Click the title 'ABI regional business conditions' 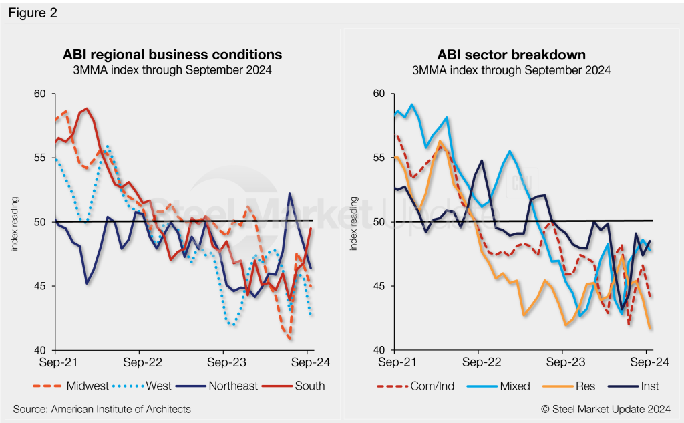(x=172, y=55)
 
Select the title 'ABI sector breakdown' (x=511, y=55)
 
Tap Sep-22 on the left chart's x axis (x=139, y=363)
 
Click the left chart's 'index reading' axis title (x=14, y=223)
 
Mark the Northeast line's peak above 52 (x=290, y=194)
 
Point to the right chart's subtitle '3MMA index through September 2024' (x=511, y=70)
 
